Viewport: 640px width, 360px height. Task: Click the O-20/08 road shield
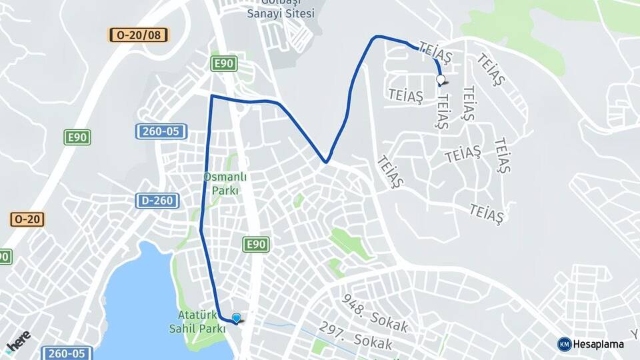click(x=139, y=35)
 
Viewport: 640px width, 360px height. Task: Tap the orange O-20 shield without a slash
click(x=27, y=219)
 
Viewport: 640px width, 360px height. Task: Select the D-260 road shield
click(x=157, y=200)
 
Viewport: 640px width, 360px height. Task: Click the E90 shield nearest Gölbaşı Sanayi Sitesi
click(x=223, y=63)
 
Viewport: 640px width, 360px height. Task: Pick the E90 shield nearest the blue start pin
click(x=256, y=245)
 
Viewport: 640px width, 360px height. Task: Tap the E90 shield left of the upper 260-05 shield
click(x=77, y=137)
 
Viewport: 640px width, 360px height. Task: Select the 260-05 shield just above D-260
click(x=161, y=131)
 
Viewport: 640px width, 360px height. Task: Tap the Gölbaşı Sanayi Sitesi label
click(x=280, y=8)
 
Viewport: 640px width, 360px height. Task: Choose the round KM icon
click(x=564, y=344)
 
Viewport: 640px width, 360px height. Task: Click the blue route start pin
click(x=236, y=318)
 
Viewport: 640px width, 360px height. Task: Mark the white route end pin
click(x=440, y=80)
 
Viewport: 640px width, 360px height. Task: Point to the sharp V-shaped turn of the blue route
click(x=325, y=161)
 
